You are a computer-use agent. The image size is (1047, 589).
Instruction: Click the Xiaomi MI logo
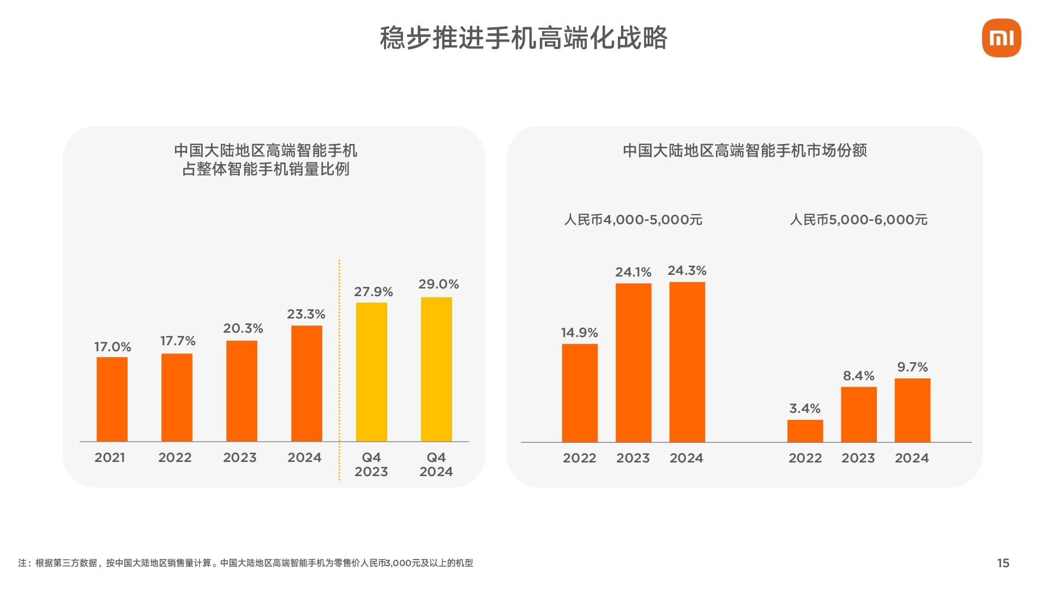pyautogui.click(x=1001, y=38)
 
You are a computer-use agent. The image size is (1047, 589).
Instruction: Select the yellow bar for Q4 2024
pyautogui.click(x=436, y=369)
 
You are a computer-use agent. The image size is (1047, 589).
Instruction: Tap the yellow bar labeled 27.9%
pyautogui.click(x=371, y=372)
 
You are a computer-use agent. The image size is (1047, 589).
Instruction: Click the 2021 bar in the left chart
pyautogui.click(x=112, y=399)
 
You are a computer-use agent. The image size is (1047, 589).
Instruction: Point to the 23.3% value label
pyautogui.click(x=306, y=314)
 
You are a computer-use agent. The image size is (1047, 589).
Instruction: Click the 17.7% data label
pyautogui.click(x=178, y=341)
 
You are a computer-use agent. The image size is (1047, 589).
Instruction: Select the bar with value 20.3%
pyautogui.click(x=242, y=391)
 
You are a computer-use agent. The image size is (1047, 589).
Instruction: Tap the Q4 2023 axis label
pyautogui.click(x=371, y=465)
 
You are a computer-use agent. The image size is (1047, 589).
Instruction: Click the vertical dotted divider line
pyautogui.click(x=339, y=371)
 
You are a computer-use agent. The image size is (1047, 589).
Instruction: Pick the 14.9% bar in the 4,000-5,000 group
pyautogui.click(x=580, y=393)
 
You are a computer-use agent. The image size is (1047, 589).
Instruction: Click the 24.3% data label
pyautogui.click(x=687, y=271)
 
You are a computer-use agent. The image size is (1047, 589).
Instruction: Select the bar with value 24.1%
pyautogui.click(x=633, y=363)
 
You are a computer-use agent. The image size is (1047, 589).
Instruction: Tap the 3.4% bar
pyautogui.click(x=805, y=431)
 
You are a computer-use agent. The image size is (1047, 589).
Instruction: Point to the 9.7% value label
pyautogui.click(x=912, y=367)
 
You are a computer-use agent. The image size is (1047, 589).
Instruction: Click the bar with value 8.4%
pyautogui.click(x=858, y=414)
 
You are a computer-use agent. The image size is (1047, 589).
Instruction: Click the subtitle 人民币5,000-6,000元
pyautogui.click(x=858, y=220)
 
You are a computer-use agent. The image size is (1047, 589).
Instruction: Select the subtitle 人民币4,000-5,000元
pyautogui.click(x=633, y=220)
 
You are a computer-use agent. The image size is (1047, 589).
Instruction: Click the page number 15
pyautogui.click(x=1003, y=563)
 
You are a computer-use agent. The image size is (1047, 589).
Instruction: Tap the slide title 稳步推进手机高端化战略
pyautogui.click(x=523, y=38)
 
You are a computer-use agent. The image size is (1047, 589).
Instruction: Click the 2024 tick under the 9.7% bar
pyautogui.click(x=912, y=458)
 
